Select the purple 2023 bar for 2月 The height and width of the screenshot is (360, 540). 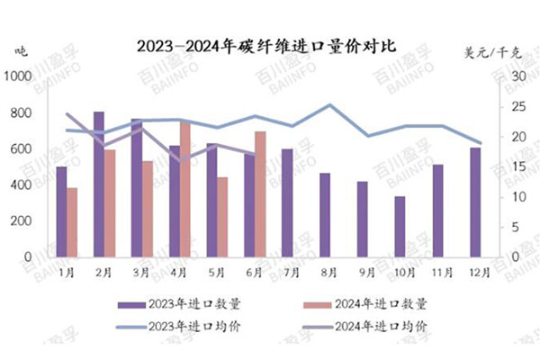99,184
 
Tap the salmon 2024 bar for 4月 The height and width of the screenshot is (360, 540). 185,189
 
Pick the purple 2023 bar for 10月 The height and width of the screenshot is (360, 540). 399,227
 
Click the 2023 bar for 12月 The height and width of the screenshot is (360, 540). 474,202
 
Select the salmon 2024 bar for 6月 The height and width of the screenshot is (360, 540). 260,194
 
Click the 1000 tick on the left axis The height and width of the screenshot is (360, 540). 17,77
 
